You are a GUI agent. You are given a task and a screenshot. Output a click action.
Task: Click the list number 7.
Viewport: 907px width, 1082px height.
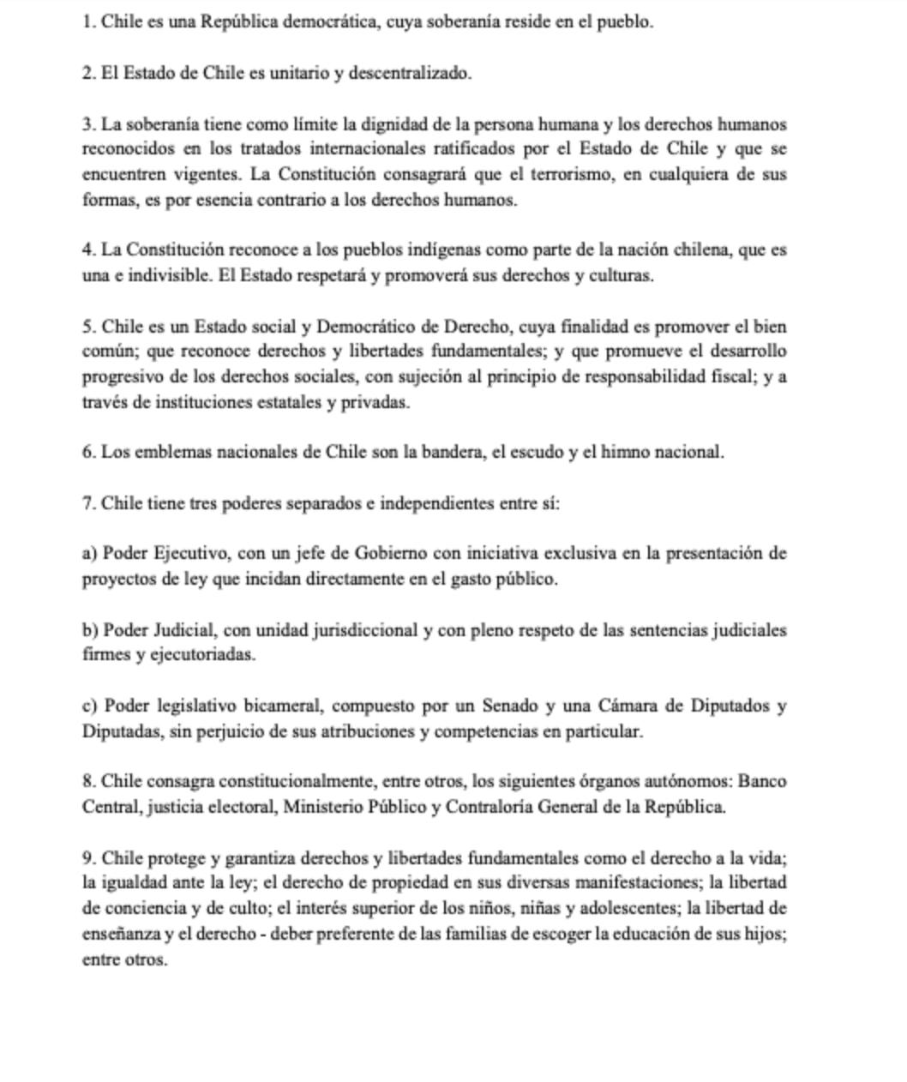pyautogui.click(x=88, y=503)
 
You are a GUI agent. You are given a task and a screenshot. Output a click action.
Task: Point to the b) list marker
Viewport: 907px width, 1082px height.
pyautogui.click(x=90, y=630)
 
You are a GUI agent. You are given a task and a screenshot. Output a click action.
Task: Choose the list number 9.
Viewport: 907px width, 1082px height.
pyautogui.click(x=88, y=858)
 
